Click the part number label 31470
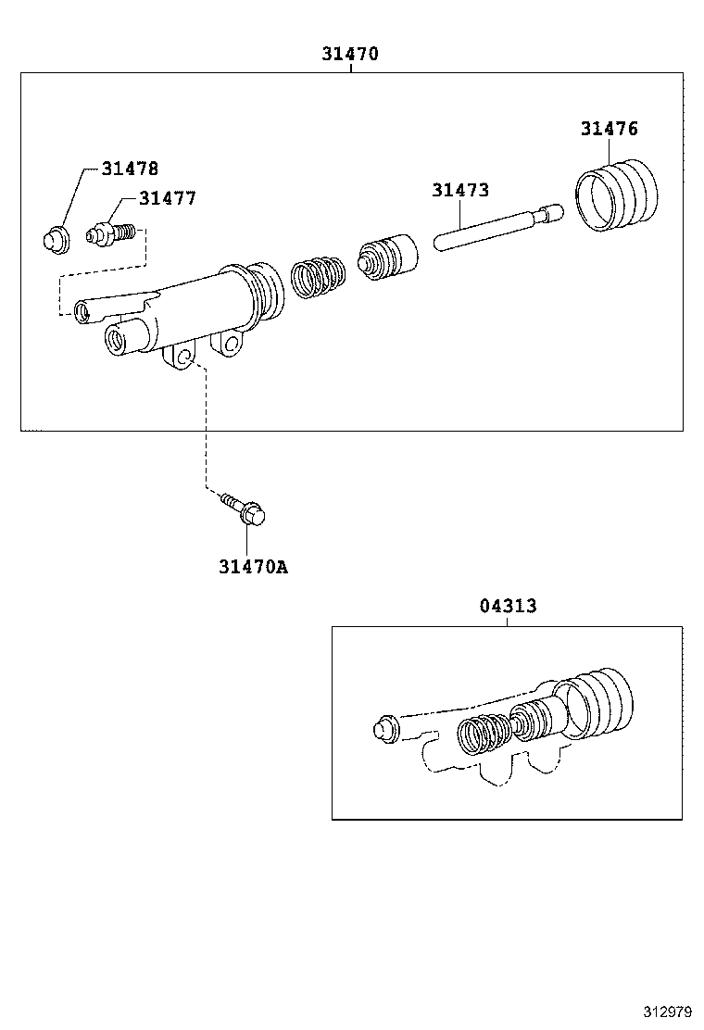pos(350,54)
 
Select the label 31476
pos(609,129)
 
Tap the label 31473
pos(459,191)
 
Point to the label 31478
pos(130,169)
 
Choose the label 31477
pos(167,198)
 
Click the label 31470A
pos(253,567)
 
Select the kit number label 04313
pos(508,606)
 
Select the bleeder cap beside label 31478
pos(57,238)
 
